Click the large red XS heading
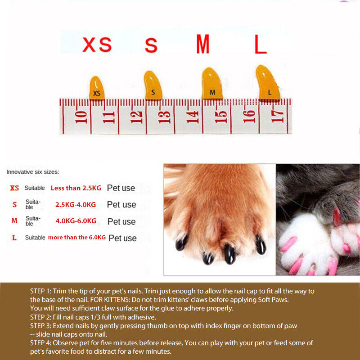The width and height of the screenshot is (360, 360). (x=96, y=45)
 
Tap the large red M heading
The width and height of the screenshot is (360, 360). (x=203, y=45)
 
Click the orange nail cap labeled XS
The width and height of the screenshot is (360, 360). (x=96, y=88)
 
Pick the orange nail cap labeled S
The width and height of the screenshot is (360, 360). (x=153, y=85)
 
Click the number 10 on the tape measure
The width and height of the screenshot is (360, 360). (x=81, y=117)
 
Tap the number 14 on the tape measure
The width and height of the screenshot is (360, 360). (x=193, y=117)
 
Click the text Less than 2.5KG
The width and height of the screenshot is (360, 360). (x=76, y=188)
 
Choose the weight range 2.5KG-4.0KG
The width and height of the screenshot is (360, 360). (x=76, y=205)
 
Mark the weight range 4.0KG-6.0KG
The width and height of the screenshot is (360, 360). (x=76, y=221)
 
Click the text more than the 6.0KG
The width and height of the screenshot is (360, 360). (x=77, y=237)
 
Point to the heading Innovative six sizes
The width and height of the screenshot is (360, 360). (x=33, y=172)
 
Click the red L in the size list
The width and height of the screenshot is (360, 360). (x=14, y=238)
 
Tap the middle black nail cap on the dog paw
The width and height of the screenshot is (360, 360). (x=229, y=254)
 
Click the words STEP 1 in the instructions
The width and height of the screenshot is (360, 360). (x=42, y=291)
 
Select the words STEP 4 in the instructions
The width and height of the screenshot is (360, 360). (x=42, y=343)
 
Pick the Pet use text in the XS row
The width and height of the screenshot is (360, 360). (x=121, y=188)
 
